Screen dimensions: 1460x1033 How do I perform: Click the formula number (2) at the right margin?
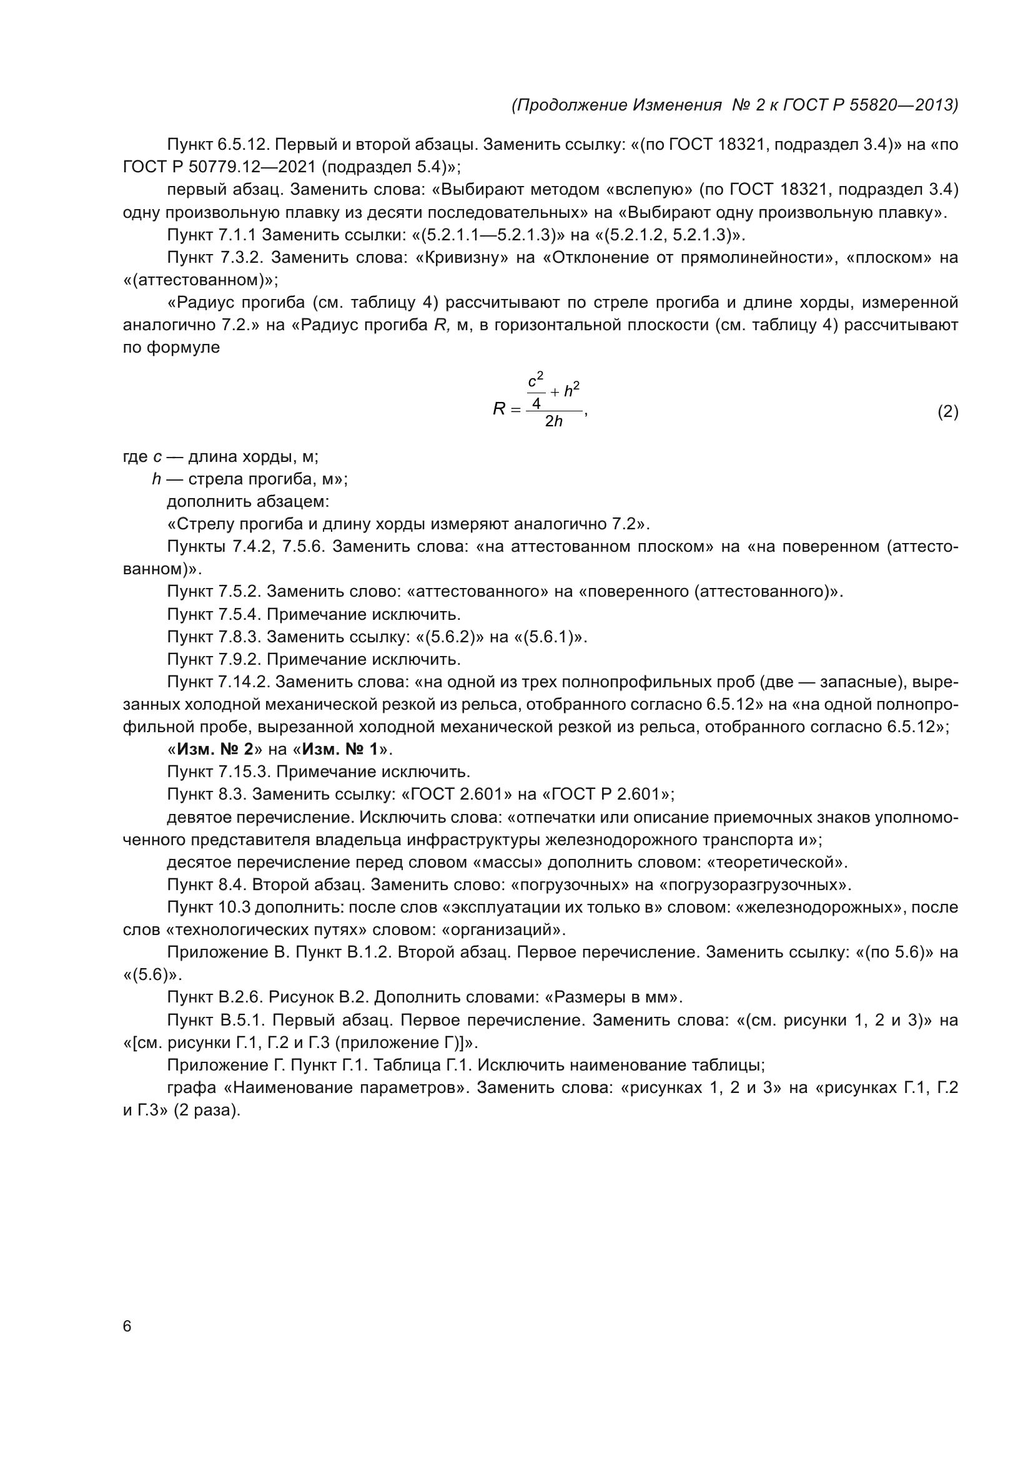tap(947, 412)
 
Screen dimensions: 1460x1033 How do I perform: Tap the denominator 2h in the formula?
tap(553, 421)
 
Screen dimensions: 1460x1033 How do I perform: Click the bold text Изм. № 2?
tap(215, 749)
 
